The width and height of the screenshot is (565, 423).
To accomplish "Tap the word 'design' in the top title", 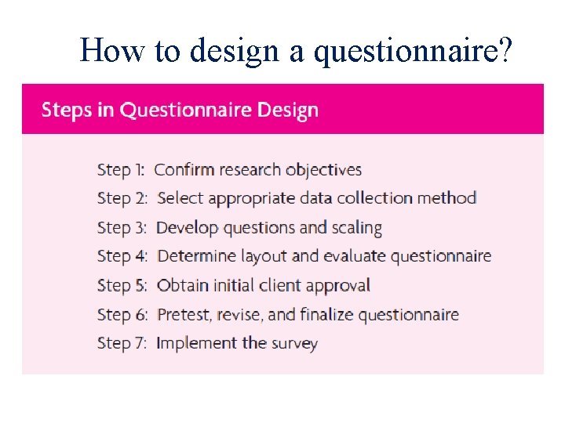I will [230, 51].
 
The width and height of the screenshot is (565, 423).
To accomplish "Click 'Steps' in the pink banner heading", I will [67, 110].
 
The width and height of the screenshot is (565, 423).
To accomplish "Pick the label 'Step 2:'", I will [122, 198].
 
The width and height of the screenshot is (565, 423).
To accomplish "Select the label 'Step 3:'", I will [122, 228].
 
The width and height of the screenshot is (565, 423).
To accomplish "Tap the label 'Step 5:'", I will [122, 285].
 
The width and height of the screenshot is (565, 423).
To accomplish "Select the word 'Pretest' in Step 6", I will [185, 314].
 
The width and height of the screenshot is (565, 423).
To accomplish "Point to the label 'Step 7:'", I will [122, 343].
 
